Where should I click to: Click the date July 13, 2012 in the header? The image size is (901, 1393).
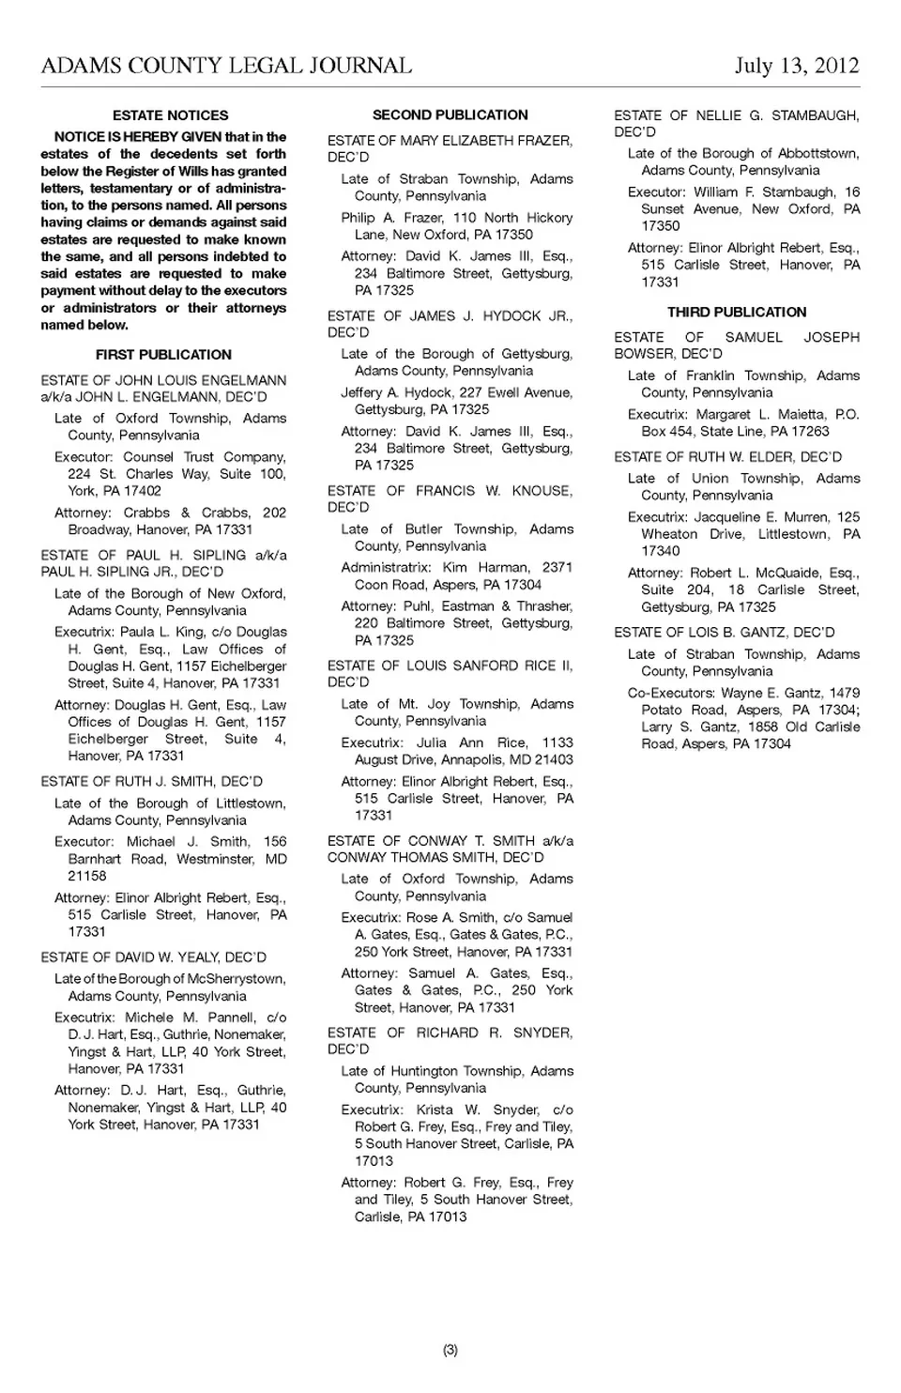(797, 66)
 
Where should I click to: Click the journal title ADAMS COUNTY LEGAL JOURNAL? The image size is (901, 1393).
(226, 66)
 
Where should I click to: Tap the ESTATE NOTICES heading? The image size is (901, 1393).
(170, 115)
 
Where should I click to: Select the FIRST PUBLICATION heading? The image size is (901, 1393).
(163, 355)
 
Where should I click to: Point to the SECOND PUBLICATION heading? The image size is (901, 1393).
(450, 115)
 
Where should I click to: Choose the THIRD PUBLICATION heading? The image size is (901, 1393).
(737, 312)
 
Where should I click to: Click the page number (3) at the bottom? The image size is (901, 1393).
(450, 1350)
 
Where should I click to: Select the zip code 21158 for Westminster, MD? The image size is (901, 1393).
(87, 876)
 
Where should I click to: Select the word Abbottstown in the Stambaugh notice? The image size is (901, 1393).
(815, 153)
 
